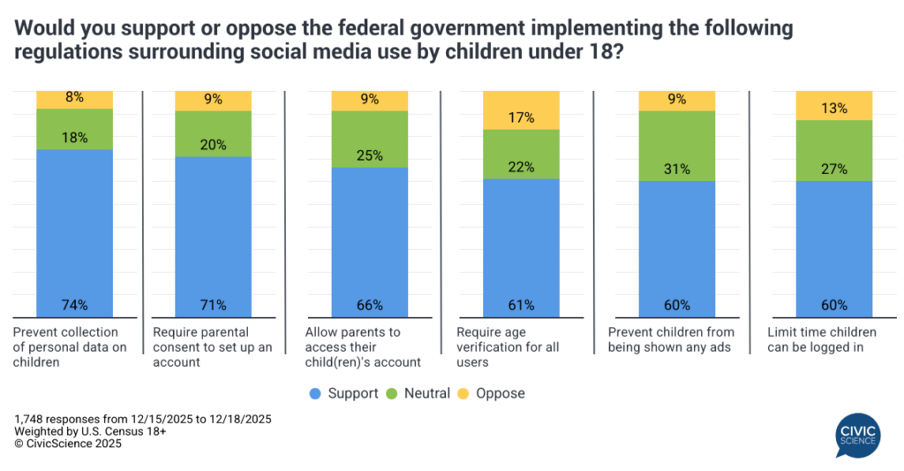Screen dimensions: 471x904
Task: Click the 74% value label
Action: point(74,306)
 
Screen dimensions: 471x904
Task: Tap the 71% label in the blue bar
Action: point(214,306)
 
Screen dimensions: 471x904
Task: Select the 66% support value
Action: point(369,306)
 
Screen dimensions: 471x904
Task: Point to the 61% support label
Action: point(521,306)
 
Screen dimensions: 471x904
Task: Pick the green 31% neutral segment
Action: point(677,146)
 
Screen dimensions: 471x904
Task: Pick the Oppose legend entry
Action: point(495,393)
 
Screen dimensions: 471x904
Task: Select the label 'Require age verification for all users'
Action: point(508,346)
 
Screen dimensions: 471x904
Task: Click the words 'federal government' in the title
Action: point(416,28)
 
